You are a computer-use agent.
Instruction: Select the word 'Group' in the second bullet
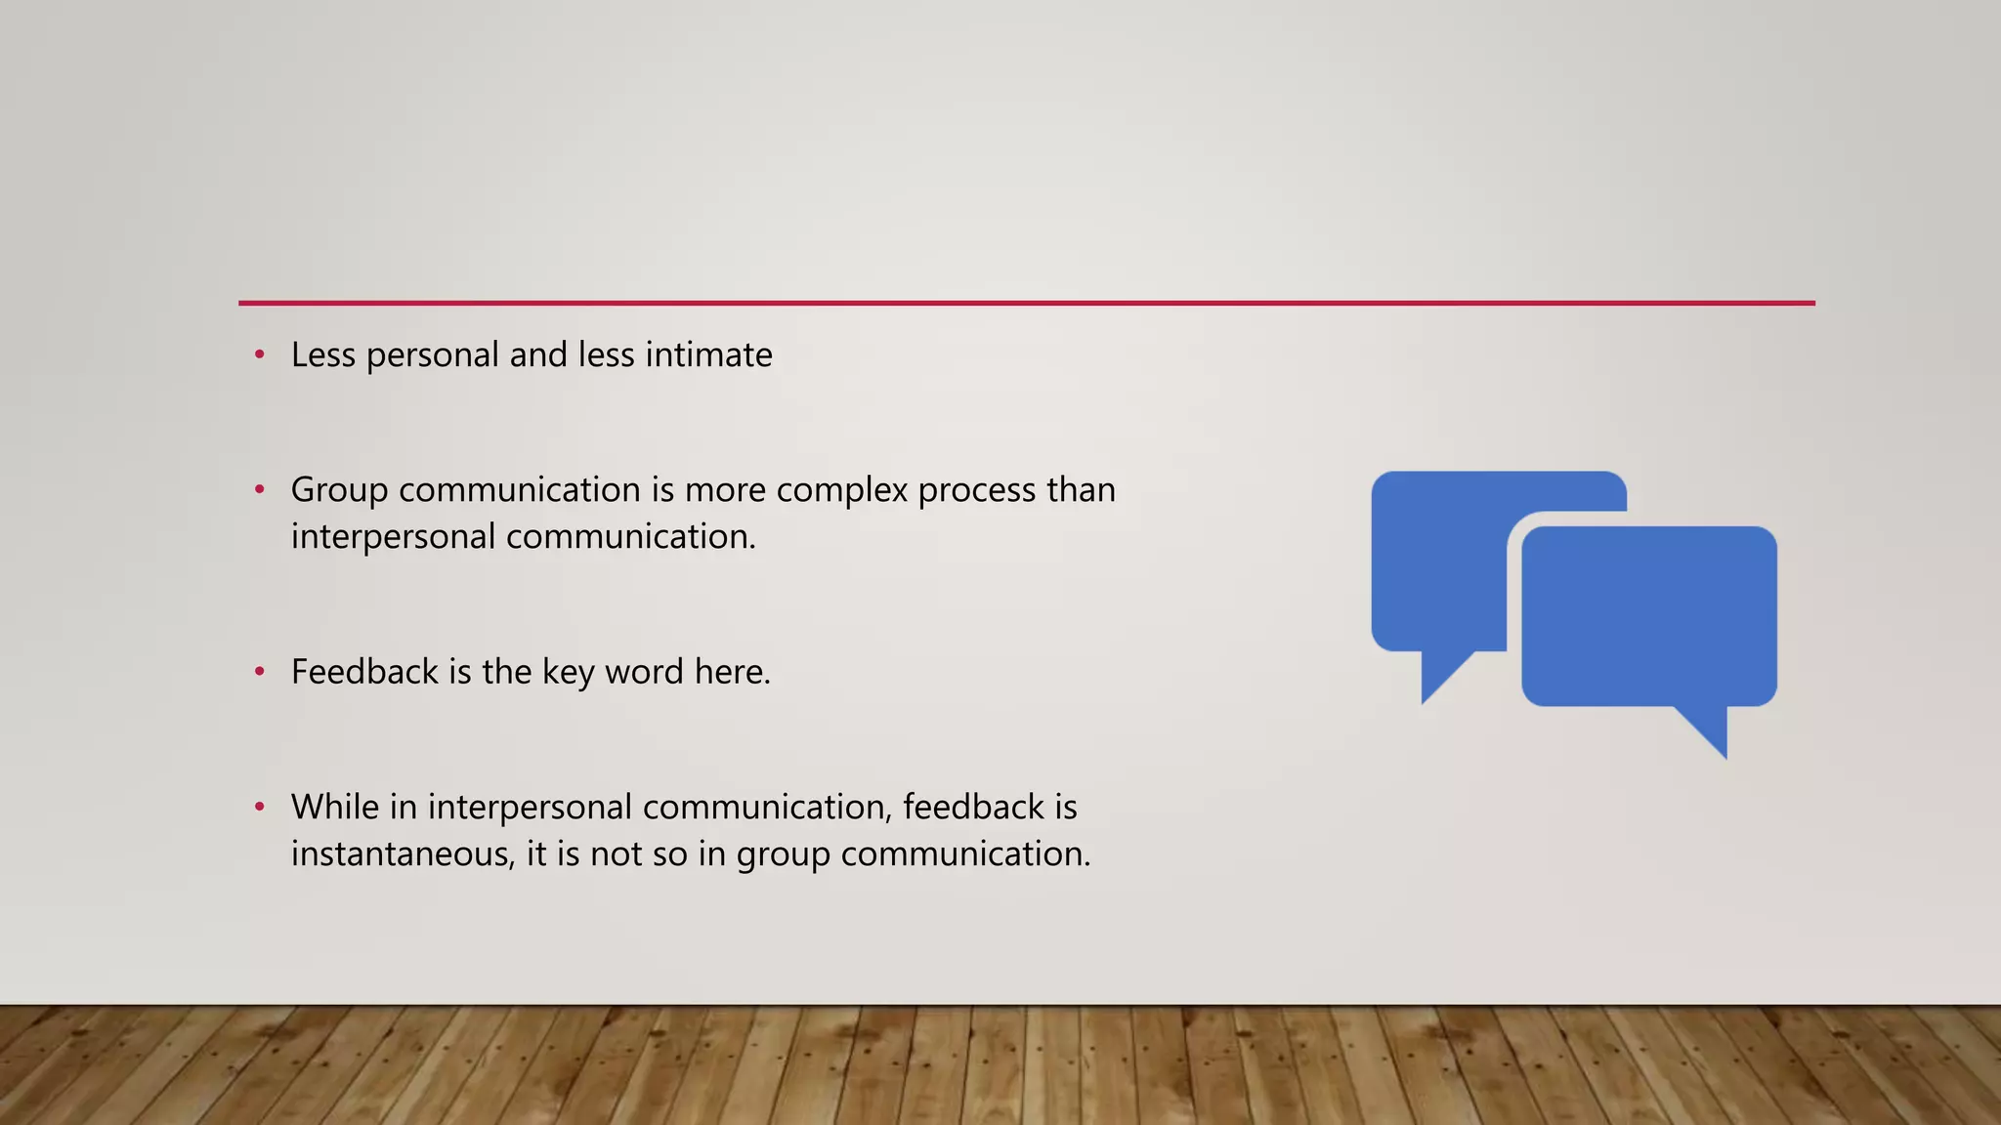[339, 490]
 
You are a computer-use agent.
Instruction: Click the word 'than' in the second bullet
[1081, 489]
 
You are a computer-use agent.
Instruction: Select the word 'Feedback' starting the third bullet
[364, 672]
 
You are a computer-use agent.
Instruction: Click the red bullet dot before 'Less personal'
[260, 354]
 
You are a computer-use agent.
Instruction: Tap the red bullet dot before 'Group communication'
[260, 489]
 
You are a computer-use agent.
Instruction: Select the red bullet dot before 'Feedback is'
[260, 672]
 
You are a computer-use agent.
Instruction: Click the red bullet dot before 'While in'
[260, 807]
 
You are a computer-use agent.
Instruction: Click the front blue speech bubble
[1648, 615]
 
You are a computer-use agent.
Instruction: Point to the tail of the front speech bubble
[1711, 730]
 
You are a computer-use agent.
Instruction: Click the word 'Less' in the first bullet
[322, 354]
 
